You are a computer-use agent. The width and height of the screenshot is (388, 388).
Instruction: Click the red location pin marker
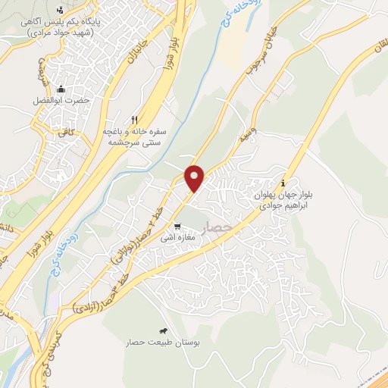[196, 178]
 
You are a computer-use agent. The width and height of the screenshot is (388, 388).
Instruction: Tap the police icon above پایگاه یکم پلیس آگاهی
[61, 11]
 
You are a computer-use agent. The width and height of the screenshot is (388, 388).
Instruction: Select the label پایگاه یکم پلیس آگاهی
[61, 28]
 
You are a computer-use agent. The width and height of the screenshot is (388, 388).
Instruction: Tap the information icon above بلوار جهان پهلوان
[283, 183]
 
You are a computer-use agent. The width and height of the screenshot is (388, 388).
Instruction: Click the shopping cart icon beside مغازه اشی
[177, 226]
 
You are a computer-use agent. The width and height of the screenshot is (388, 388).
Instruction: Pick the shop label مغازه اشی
[177, 237]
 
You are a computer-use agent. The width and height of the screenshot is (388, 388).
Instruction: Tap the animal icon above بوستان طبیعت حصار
[163, 331]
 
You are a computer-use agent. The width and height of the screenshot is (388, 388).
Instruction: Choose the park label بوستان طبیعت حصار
[164, 343]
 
